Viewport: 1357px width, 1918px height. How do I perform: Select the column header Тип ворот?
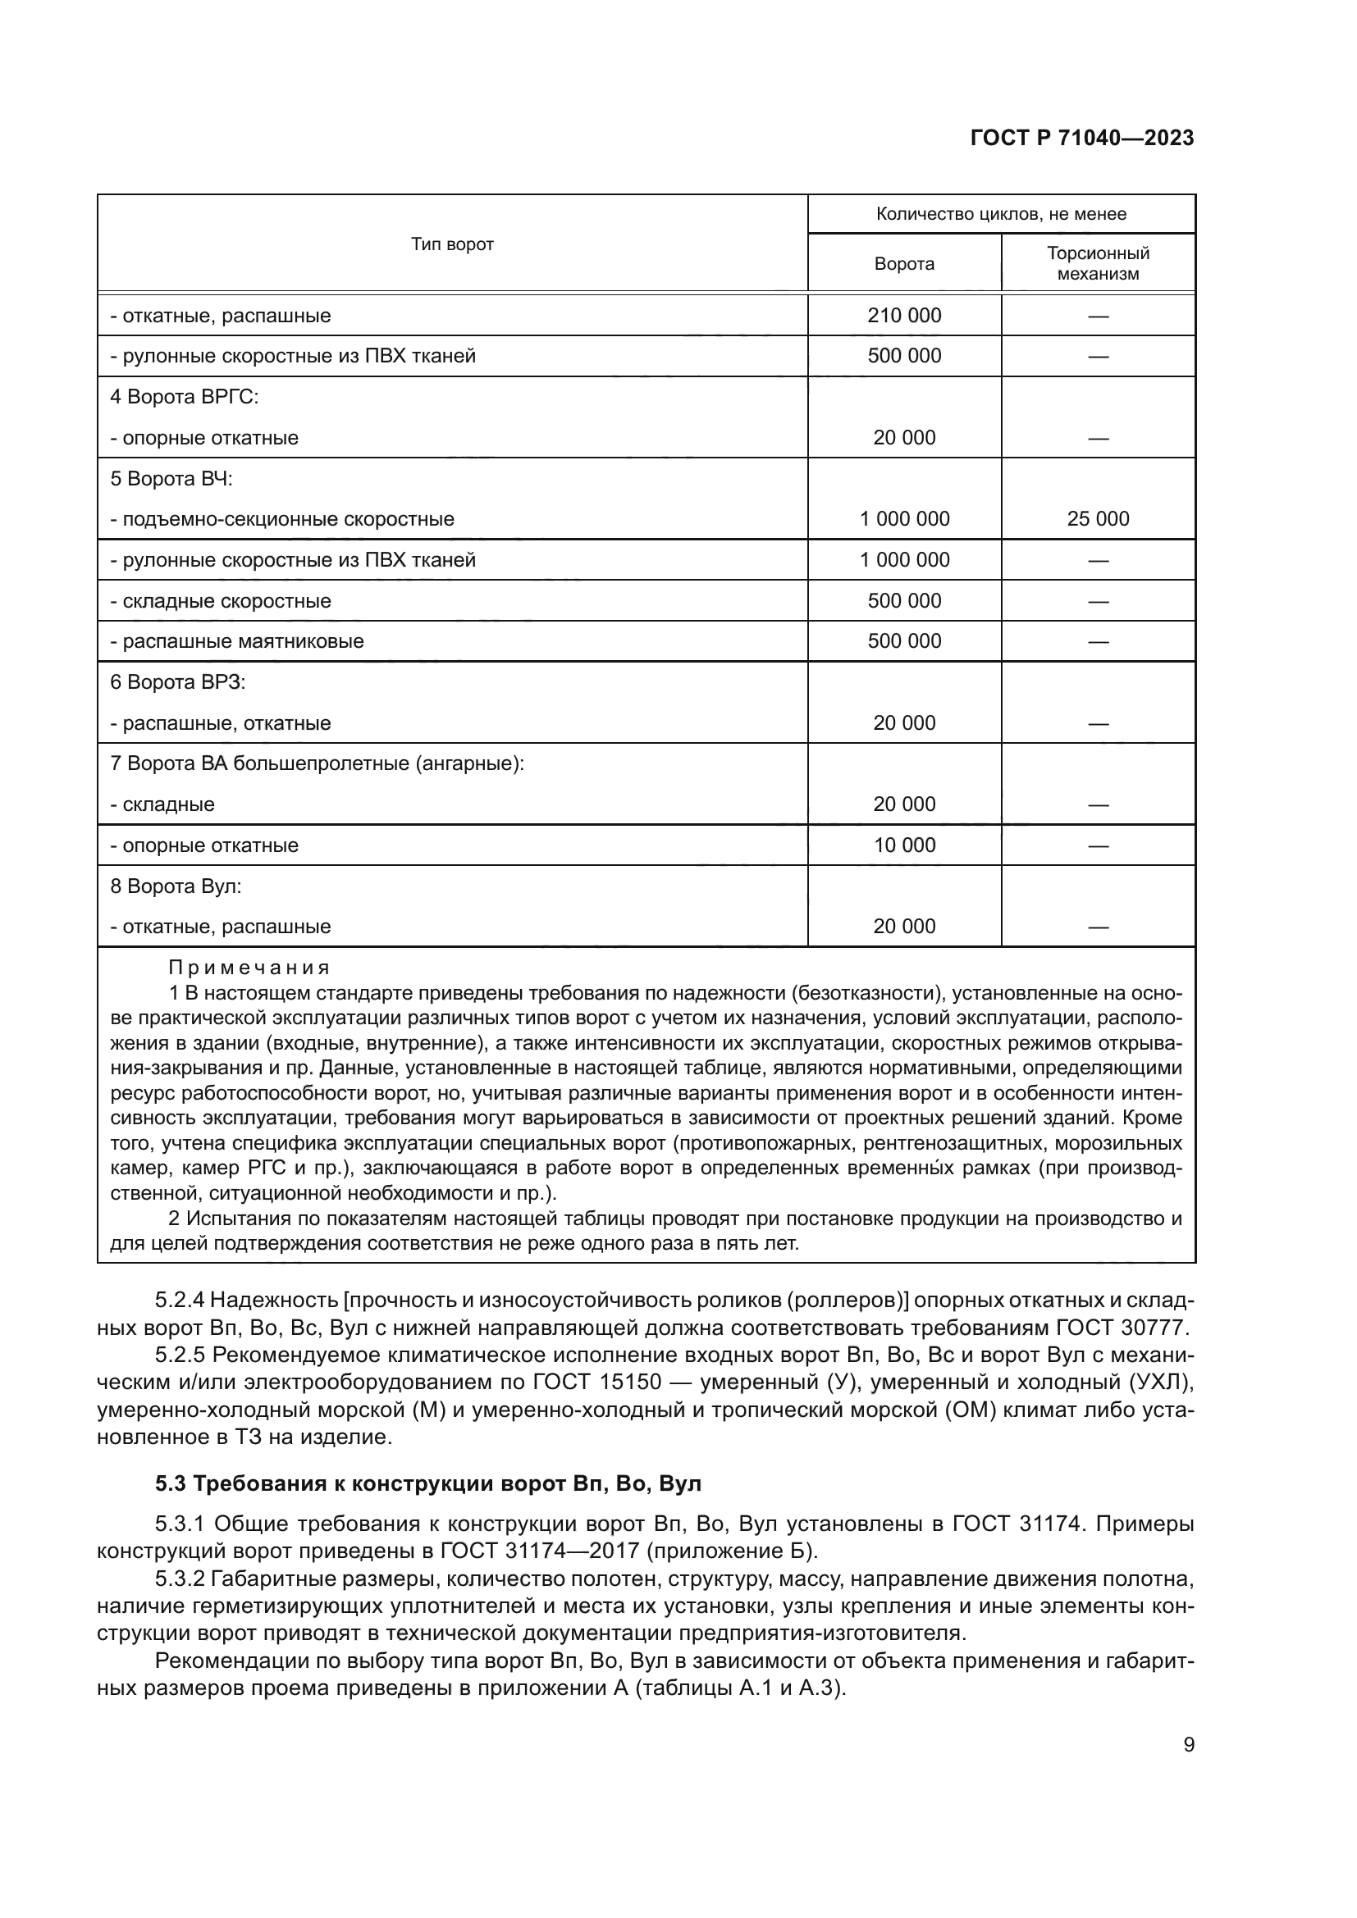click(x=452, y=244)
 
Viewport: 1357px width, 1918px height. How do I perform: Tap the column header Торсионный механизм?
click(x=1097, y=263)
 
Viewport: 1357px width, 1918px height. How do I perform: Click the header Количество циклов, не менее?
click(x=1000, y=214)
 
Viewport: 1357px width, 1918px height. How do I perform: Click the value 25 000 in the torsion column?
click(x=1097, y=519)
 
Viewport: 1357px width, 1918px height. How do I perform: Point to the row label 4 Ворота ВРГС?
click(x=185, y=397)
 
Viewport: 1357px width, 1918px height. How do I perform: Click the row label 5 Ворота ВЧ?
click(x=171, y=479)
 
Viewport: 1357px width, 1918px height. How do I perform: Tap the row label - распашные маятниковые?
click(x=236, y=641)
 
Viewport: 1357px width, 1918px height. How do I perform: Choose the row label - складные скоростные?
click(x=221, y=601)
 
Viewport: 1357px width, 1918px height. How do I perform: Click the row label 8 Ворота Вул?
click(x=176, y=886)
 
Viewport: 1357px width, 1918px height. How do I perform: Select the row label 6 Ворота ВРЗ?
click(x=178, y=682)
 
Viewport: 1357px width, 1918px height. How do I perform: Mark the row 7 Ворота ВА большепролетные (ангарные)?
click(x=317, y=763)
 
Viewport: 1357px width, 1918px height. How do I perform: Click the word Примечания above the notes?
click(x=249, y=968)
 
